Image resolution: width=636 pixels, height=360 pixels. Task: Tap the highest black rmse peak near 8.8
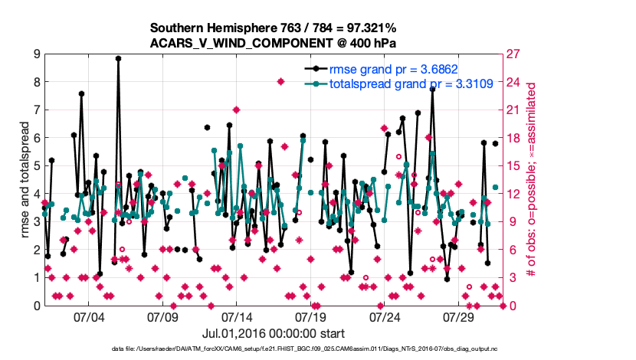pos(118,58)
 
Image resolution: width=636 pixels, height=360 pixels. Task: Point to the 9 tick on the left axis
pos(36,54)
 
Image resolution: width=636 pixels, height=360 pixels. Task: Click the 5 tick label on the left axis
pos(36,165)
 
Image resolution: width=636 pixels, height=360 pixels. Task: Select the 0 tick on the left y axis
pos(36,306)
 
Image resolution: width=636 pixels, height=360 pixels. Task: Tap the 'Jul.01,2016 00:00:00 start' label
pos(273,333)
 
